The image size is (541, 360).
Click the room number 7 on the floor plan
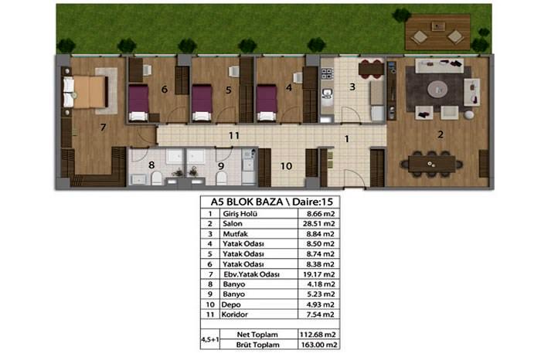pyautogui.click(x=103, y=127)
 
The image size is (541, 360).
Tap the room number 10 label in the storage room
pyautogui.click(x=286, y=166)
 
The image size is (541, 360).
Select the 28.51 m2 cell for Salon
pyautogui.click(x=318, y=224)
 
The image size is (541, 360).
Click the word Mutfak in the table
pyautogui.click(x=235, y=234)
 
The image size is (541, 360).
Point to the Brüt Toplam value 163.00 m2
pyautogui.click(x=318, y=345)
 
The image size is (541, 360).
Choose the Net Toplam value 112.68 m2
pyautogui.click(x=318, y=335)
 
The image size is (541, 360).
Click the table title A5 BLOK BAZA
pyautogui.click(x=247, y=202)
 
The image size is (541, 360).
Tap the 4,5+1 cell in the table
pyautogui.click(x=209, y=340)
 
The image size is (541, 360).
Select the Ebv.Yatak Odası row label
pyautogui.click(x=251, y=274)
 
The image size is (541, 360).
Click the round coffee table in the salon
pyautogui.click(x=437, y=90)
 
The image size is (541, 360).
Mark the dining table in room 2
pyautogui.click(x=431, y=164)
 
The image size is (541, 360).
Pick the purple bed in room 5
pyautogui.click(x=202, y=103)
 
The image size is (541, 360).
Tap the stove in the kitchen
pyautogui.click(x=327, y=73)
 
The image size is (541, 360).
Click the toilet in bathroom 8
pyautogui.click(x=157, y=178)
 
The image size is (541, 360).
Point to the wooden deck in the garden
pyautogui.click(x=437, y=32)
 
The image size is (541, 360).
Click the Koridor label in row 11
pyautogui.click(x=235, y=314)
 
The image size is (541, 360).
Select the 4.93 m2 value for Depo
pyautogui.click(x=321, y=304)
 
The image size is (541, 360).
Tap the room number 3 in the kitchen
pyautogui.click(x=352, y=87)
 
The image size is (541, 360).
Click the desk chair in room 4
pyautogui.click(x=298, y=77)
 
